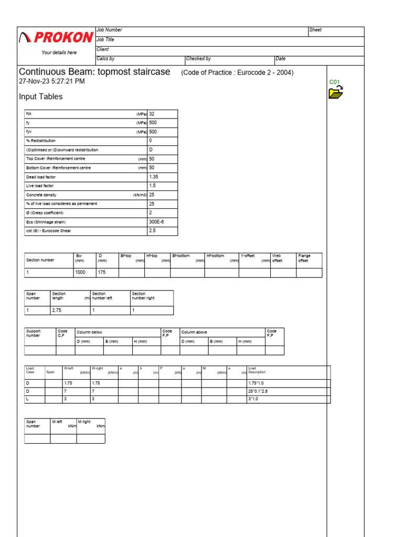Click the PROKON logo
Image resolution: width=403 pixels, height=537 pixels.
click(56, 37)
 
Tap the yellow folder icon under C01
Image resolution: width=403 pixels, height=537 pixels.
click(335, 93)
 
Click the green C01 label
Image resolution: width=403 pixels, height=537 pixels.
click(335, 82)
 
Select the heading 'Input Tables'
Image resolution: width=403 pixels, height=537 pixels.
click(40, 96)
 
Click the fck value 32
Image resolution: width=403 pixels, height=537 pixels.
click(152, 114)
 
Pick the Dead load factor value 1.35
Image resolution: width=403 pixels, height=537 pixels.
click(154, 177)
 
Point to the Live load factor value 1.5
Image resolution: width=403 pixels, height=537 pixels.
click(152, 186)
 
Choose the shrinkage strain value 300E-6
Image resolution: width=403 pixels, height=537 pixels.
click(156, 222)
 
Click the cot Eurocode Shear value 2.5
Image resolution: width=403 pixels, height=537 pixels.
click(152, 231)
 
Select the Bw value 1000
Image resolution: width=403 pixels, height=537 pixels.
click(80, 273)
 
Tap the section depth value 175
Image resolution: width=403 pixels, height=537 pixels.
click(102, 273)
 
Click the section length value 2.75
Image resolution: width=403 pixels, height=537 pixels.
click(57, 310)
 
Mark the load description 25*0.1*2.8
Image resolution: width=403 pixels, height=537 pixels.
click(260, 391)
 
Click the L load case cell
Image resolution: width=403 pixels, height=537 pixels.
click(28, 399)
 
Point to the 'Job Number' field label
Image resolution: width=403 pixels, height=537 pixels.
click(109, 30)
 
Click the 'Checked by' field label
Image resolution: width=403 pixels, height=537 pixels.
click(198, 59)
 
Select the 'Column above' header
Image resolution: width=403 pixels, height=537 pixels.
click(194, 332)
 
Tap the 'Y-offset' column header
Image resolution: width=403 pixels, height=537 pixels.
click(248, 256)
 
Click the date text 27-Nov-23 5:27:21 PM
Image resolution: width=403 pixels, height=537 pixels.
click(51, 81)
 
